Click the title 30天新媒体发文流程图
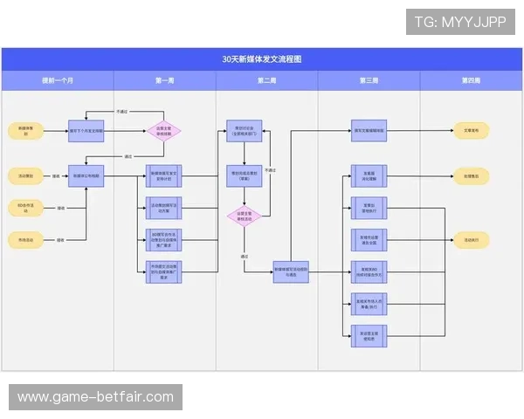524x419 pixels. click(x=262, y=59)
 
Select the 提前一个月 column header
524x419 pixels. click(x=58, y=80)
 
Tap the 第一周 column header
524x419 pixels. click(x=165, y=80)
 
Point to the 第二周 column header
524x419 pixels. click(x=266, y=80)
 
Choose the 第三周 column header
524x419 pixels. click(x=369, y=80)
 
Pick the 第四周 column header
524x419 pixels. click(x=471, y=80)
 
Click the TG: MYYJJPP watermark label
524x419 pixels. click(x=460, y=21)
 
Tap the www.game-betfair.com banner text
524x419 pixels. click(x=96, y=397)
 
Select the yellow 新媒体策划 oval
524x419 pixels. click(x=26, y=130)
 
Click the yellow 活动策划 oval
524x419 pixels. click(x=26, y=175)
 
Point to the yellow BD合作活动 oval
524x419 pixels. click(x=26, y=208)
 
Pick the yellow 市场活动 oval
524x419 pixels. click(x=26, y=238)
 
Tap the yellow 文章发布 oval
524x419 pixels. click(x=471, y=130)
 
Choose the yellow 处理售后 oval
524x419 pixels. click(x=471, y=175)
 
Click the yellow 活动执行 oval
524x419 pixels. click(x=471, y=239)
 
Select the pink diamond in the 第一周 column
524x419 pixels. click(x=163, y=131)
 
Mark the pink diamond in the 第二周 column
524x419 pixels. click(x=244, y=216)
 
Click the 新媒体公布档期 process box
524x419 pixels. click(x=86, y=175)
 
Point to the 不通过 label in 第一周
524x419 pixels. click(x=123, y=112)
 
